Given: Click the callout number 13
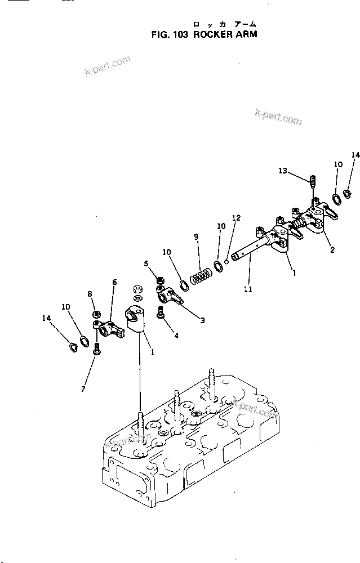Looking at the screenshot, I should click(x=283, y=171).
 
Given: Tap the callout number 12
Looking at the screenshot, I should click(x=236, y=218).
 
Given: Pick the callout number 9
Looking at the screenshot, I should click(x=197, y=237).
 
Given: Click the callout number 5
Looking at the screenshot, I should click(x=146, y=263).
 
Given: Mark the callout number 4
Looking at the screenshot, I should click(x=176, y=336).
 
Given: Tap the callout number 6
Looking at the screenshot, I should click(x=114, y=282).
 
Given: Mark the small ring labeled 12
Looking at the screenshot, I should click(x=226, y=260).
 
